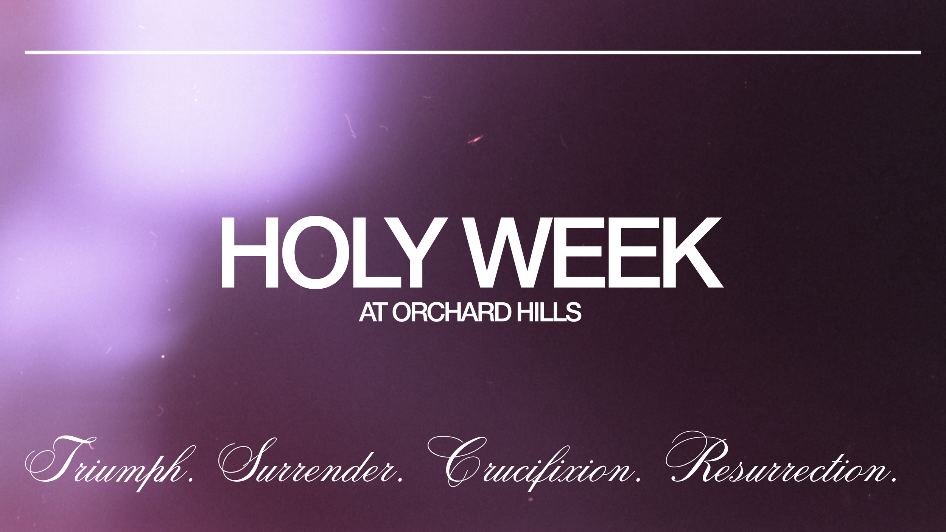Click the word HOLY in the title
pyautogui.click(x=331, y=253)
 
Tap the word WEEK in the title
pyautogui.click(x=594, y=253)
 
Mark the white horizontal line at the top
pyautogui.click(x=473, y=53)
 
